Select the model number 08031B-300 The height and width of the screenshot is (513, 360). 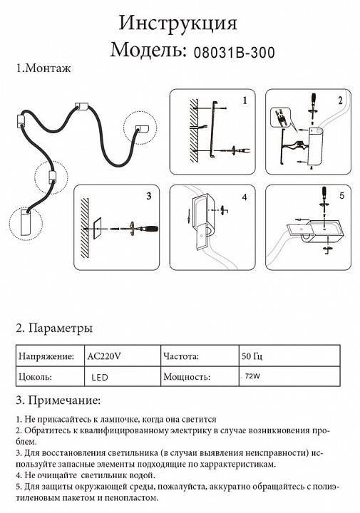230,52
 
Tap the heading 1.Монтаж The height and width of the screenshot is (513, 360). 44,68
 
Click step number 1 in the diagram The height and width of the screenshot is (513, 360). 244,100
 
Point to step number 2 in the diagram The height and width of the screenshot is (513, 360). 341,100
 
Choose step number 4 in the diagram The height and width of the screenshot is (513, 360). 244,196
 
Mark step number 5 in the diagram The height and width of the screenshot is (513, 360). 341,194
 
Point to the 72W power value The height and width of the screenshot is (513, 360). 250,375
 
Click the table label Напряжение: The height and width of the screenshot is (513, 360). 46,355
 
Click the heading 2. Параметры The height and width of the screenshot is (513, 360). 54,328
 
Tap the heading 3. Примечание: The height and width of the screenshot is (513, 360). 58,400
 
